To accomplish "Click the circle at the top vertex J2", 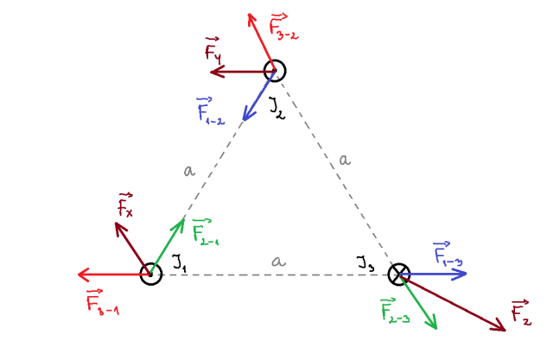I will coord(275,71).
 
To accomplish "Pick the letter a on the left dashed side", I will coord(189,170).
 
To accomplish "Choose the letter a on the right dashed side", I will coord(345,159).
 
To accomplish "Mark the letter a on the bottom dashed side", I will coord(278,261).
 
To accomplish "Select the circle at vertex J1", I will coord(151,274).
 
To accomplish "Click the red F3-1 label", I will coord(102,303).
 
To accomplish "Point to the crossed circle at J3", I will coord(397,275).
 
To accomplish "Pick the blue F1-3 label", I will coord(447,255).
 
